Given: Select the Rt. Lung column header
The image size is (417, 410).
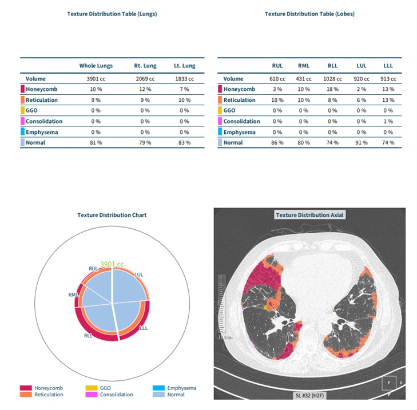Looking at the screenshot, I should click(x=145, y=66).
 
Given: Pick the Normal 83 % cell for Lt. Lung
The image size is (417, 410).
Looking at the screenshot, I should click(x=184, y=142).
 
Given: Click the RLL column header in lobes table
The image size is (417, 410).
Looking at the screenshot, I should click(x=332, y=66).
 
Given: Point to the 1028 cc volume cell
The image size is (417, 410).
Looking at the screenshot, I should click(x=332, y=79).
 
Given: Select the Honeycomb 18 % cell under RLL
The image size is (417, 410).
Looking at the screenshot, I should click(x=332, y=89).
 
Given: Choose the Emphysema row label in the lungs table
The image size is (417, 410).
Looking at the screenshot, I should click(x=42, y=132).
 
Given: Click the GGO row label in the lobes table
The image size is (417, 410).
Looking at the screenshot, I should click(x=229, y=110).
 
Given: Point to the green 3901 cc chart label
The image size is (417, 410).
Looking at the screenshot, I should click(x=112, y=264).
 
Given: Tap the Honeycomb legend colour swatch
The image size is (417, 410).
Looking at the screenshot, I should click(x=26, y=388).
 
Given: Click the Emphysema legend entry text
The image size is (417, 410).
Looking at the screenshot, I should click(x=182, y=388).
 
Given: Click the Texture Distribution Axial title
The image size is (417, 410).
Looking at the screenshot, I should click(x=310, y=215).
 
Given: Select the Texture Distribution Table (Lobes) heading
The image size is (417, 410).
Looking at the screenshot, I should click(x=309, y=14).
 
